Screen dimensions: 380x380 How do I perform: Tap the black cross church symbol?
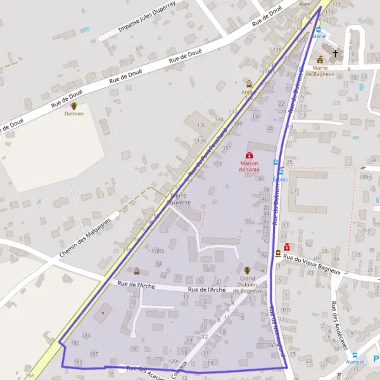pyautogui.click(x=335, y=54)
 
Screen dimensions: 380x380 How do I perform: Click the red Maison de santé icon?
pyautogui.click(x=249, y=155)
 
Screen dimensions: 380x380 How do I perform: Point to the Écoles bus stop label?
pyautogui.click(x=280, y=179)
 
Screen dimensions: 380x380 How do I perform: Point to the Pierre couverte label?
pyautogui.click(x=180, y=199)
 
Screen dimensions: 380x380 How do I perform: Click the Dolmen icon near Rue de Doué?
pyautogui.click(x=74, y=106)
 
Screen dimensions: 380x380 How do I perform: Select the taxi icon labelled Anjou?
pyautogui.click(x=249, y=84)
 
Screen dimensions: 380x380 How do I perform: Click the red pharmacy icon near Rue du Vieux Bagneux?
pyautogui.click(x=287, y=247)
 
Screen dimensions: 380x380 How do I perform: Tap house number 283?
pyautogui.click(x=86, y=335)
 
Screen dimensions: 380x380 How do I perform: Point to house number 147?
pyautogui.click(x=256, y=117)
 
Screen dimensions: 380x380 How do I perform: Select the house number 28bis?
pyautogui.click(x=365, y=177)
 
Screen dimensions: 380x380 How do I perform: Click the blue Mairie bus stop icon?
pyautogui.click(x=319, y=29)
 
